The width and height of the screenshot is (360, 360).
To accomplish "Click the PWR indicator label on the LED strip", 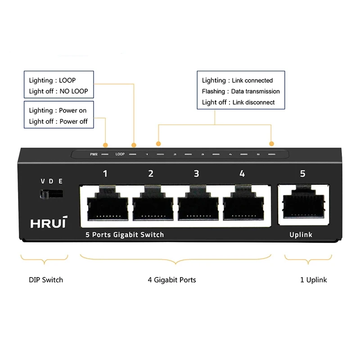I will tap(94, 154).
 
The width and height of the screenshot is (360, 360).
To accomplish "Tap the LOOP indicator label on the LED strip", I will tap(120, 154).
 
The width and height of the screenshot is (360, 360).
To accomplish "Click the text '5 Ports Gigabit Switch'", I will tap(125, 234).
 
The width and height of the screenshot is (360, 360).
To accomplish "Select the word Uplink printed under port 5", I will tap(301, 234).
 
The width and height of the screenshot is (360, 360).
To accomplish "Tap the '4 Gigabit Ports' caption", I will tap(172, 280).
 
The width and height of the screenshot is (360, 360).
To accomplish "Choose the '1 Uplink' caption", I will tap(314, 280).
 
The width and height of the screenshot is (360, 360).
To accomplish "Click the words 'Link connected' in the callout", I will tap(252, 81).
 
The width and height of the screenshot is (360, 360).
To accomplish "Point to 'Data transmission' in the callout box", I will tap(256, 91).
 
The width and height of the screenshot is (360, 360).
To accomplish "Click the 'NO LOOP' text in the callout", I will tap(74, 91).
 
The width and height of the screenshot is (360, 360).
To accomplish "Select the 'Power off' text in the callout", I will tap(73, 121).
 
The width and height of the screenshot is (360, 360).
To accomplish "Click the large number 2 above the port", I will tap(151, 174).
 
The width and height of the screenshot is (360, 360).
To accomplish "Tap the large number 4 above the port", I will tap(242, 174).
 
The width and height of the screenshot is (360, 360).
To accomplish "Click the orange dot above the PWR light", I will tap(105, 145).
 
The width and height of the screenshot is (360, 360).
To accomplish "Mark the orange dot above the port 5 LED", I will tap(271, 144).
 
